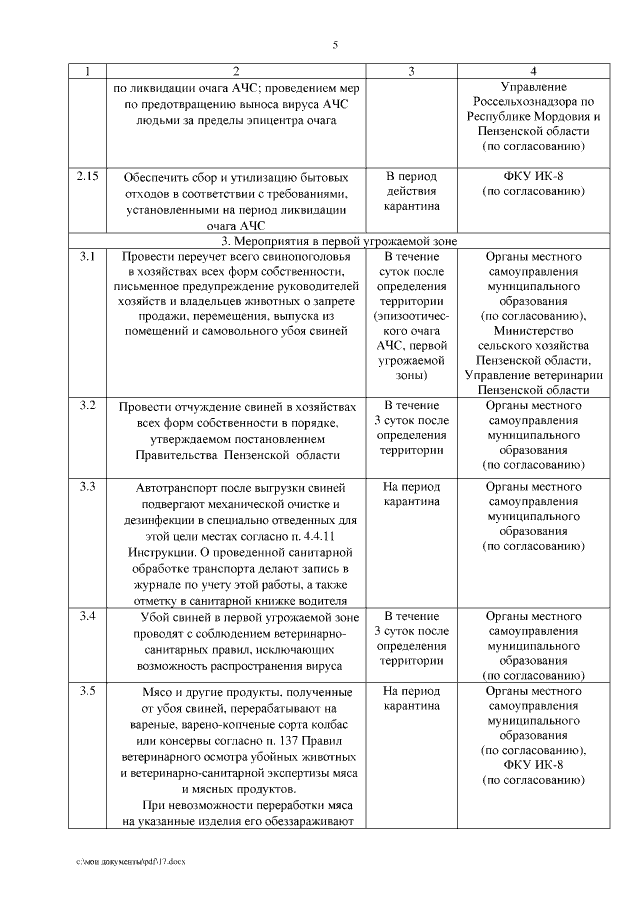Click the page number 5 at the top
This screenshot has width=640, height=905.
[x=335, y=44]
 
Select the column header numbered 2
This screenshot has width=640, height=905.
[x=235, y=72]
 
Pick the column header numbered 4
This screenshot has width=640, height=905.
[x=533, y=72]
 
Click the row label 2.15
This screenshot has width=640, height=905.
[x=88, y=177]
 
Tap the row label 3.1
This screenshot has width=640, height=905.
[x=88, y=257]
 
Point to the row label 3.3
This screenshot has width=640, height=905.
[x=88, y=487]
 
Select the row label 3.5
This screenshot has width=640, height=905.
[x=88, y=691]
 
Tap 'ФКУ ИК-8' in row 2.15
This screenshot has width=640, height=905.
[x=533, y=176]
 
